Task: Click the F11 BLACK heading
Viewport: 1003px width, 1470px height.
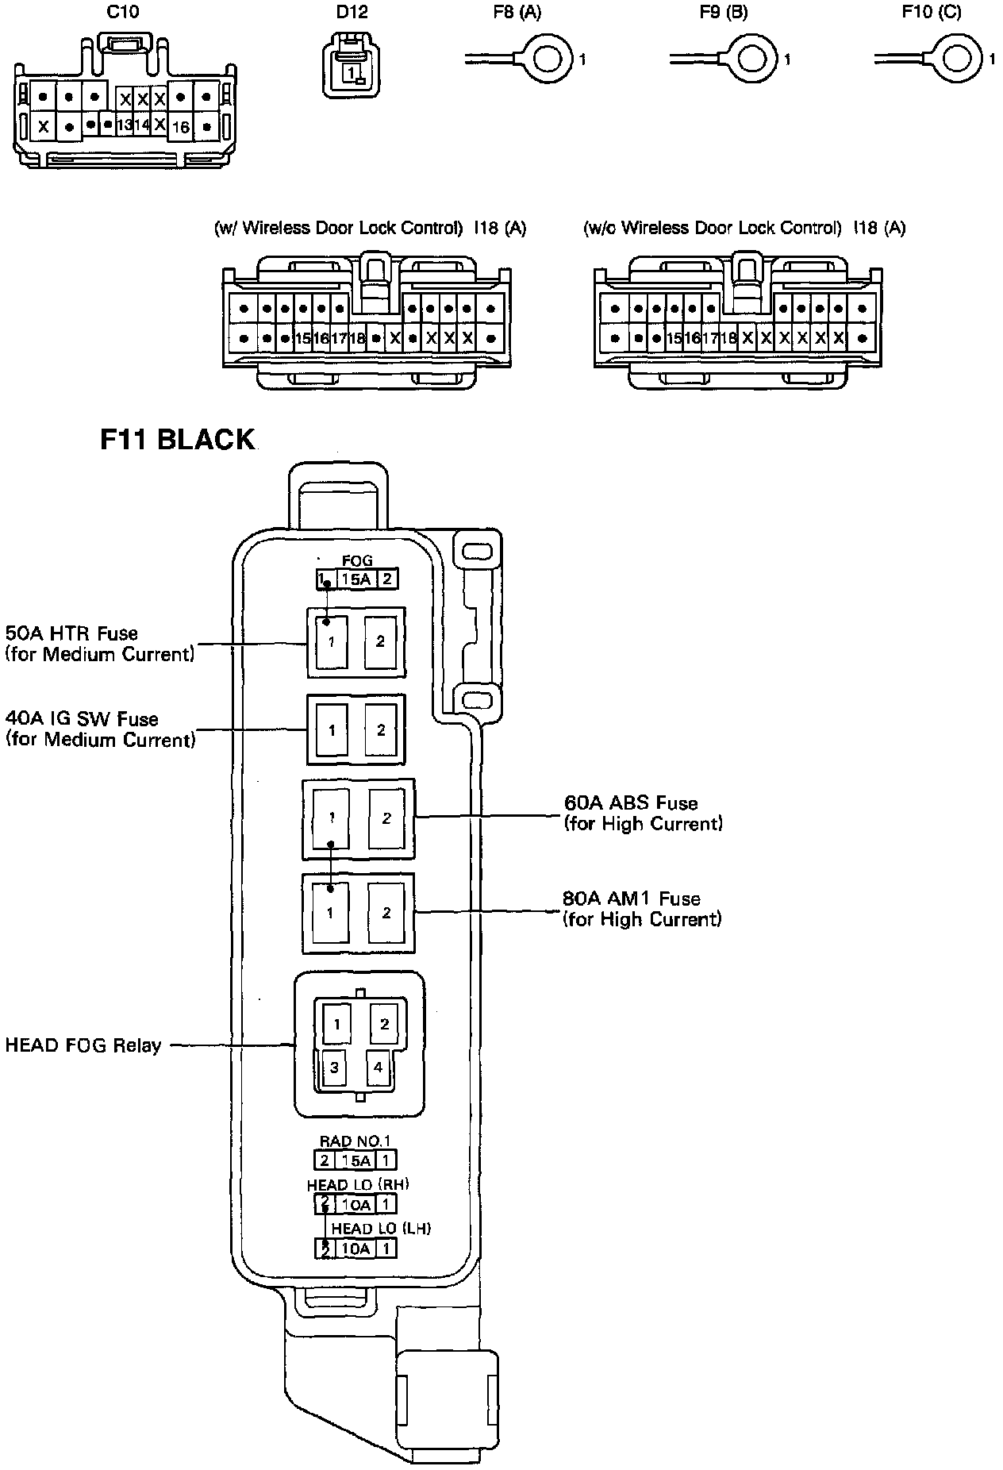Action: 177,439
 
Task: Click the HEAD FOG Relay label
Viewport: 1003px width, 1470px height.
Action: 83,1045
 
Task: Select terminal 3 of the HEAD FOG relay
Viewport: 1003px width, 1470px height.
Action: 334,1068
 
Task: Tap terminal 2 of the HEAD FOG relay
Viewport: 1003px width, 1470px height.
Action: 384,1024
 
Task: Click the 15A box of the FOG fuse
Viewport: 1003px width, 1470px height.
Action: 356,579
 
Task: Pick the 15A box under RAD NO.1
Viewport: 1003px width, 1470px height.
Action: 356,1160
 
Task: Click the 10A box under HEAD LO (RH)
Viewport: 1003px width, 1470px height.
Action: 356,1205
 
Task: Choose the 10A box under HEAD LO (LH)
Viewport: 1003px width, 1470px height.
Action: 356,1249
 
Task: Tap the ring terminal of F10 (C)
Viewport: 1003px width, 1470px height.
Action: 959,60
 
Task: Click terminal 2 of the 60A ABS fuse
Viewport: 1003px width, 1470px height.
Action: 386,818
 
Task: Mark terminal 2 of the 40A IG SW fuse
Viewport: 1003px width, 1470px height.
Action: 382,730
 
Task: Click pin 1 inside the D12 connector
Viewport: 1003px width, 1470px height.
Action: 350,71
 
